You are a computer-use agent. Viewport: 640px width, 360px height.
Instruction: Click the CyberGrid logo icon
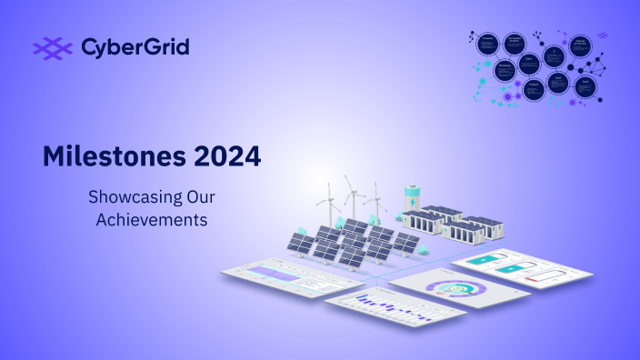click(52, 46)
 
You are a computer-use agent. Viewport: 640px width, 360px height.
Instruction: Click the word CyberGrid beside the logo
click(135, 46)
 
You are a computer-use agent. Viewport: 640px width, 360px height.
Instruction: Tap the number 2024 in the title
click(220, 155)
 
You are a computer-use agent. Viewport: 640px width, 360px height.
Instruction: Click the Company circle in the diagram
click(488, 44)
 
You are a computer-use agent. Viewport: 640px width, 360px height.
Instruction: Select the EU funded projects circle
click(515, 44)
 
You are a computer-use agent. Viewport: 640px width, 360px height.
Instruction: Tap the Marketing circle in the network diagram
click(505, 71)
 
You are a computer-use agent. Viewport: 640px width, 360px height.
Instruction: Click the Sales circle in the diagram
click(529, 65)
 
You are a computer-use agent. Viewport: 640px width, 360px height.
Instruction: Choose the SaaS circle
click(586, 86)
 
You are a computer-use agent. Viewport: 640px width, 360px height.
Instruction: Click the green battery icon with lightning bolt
click(413, 198)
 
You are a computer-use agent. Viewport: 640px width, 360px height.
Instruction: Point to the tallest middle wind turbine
click(352, 195)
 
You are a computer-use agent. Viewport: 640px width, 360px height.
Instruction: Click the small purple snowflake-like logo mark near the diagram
click(603, 35)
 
